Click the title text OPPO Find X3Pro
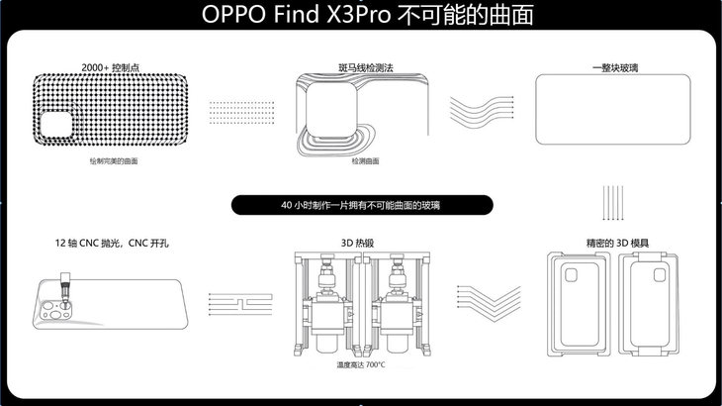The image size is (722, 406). point(296,14)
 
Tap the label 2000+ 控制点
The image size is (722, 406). point(111,67)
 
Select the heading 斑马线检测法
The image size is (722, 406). point(366,68)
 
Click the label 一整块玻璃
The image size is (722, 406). point(615,68)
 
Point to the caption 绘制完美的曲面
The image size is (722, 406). point(114,161)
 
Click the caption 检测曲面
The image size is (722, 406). point(366,161)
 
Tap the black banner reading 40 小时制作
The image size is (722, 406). point(362,205)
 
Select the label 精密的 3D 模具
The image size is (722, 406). point(617,244)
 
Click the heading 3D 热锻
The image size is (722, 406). point(357,244)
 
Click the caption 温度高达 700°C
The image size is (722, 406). point(361,365)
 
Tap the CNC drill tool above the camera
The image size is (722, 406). point(66,289)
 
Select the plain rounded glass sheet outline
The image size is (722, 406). point(613,110)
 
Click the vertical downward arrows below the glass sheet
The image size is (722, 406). point(613,203)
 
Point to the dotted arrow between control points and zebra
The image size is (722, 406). point(241,113)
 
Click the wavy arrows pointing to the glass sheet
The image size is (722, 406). point(482,112)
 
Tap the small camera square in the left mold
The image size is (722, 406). point(571,275)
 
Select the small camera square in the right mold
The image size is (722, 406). point(660,275)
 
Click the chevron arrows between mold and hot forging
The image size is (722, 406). point(489,303)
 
